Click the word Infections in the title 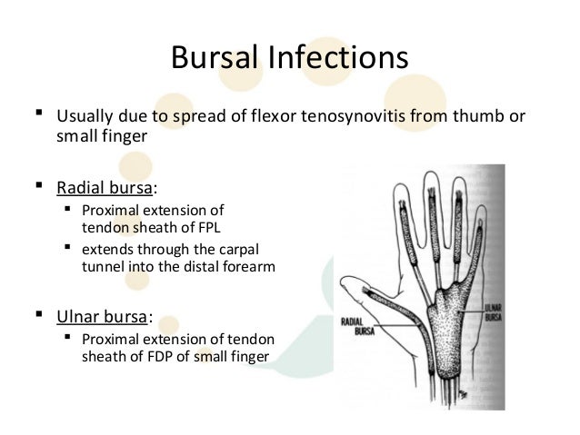tap(335, 60)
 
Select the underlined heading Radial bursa tap(105, 188)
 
